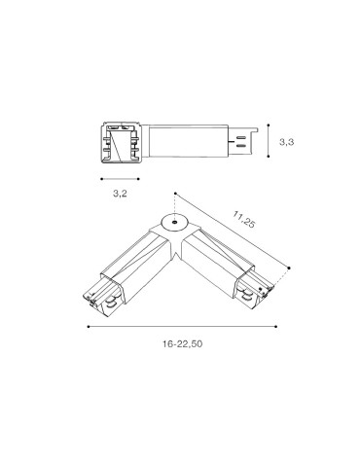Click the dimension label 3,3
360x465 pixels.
[287, 142]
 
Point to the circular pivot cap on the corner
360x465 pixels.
[173, 223]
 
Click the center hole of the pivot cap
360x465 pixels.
[173, 223]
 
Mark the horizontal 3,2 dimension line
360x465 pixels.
[119, 179]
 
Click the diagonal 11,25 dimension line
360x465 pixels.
[234, 239]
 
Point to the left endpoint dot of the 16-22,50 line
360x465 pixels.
[88, 327]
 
